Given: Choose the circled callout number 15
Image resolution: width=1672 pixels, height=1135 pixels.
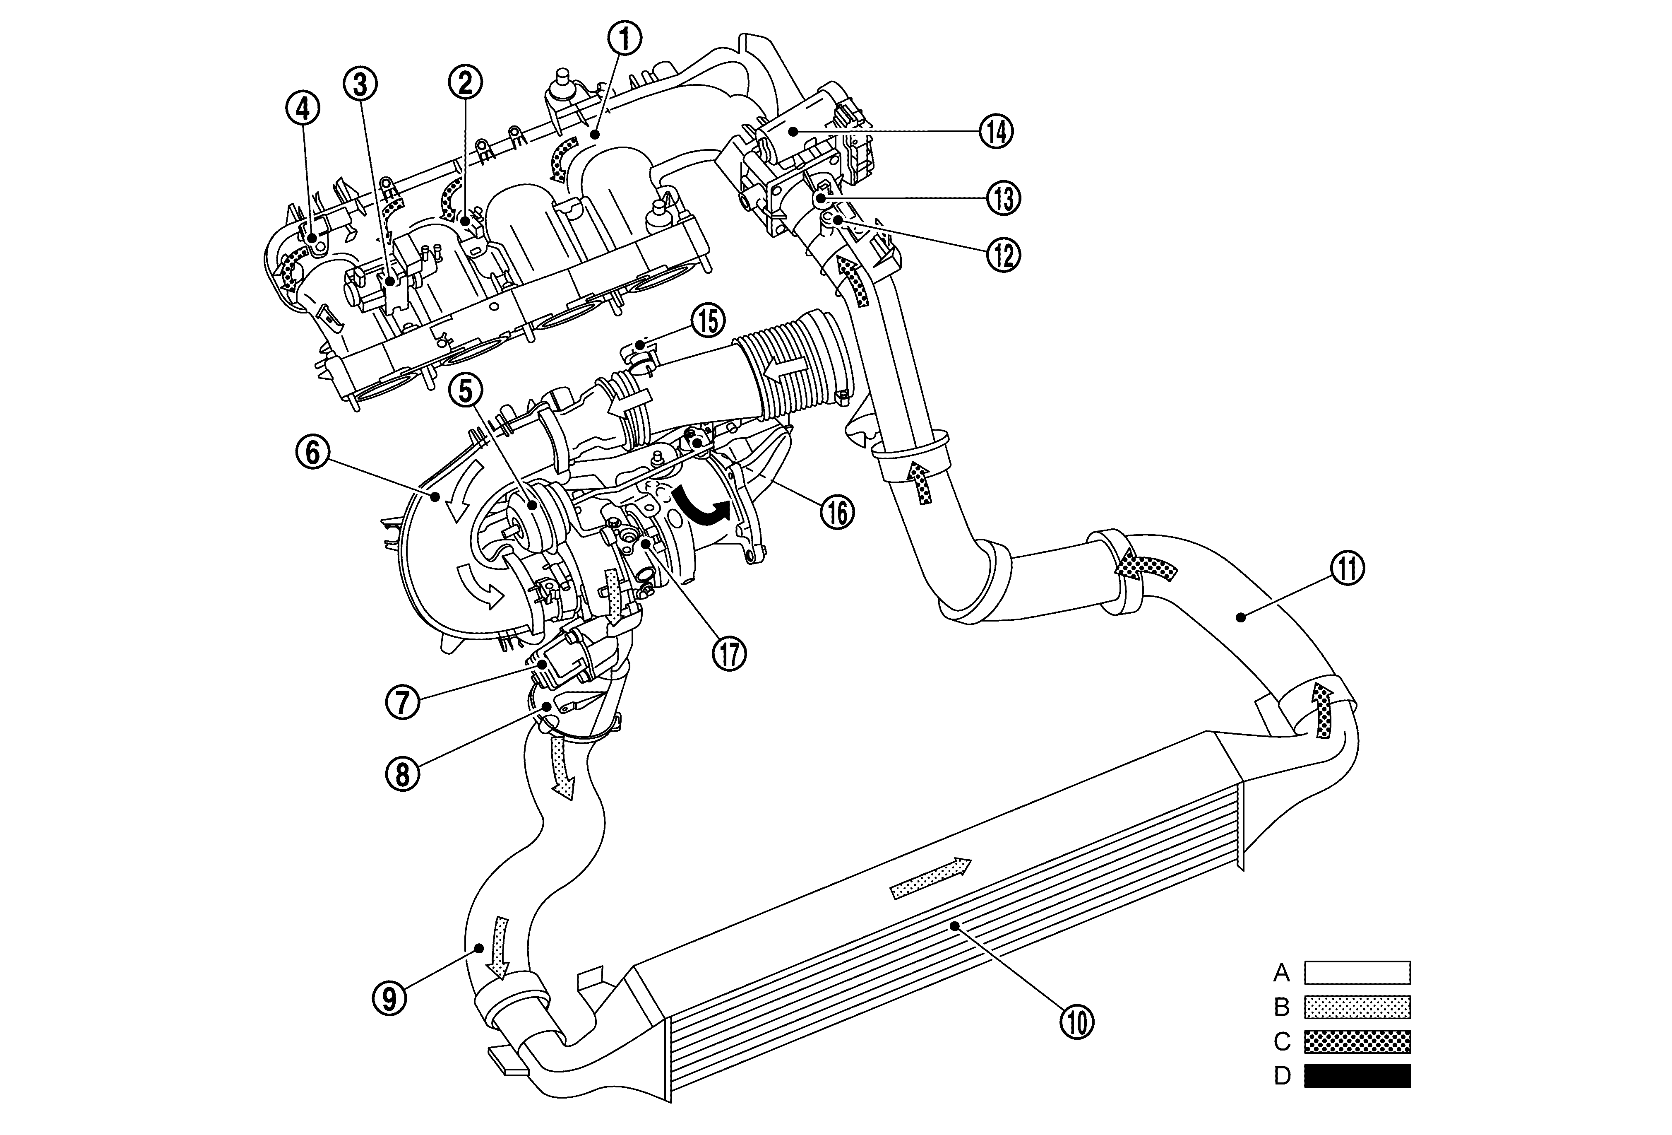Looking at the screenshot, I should (x=708, y=322).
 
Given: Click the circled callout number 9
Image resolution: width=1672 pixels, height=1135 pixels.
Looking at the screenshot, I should (x=389, y=998).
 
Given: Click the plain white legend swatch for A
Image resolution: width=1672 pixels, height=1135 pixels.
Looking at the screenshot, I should (x=1357, y=972).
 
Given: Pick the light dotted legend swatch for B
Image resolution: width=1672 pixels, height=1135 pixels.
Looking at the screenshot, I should (x=1357, y=1007).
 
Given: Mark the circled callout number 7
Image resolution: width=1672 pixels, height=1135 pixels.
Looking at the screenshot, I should (x=402, y=702).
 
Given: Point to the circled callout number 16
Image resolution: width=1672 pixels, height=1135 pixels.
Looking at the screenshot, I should (x=837, y=513).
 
